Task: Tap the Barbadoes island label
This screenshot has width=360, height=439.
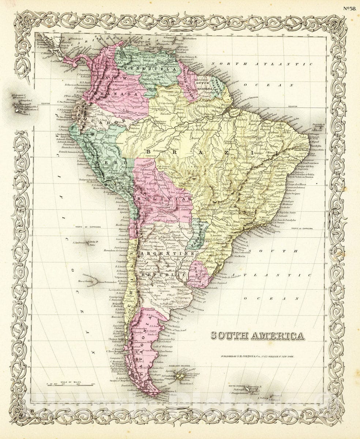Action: click(x=190, y=38)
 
